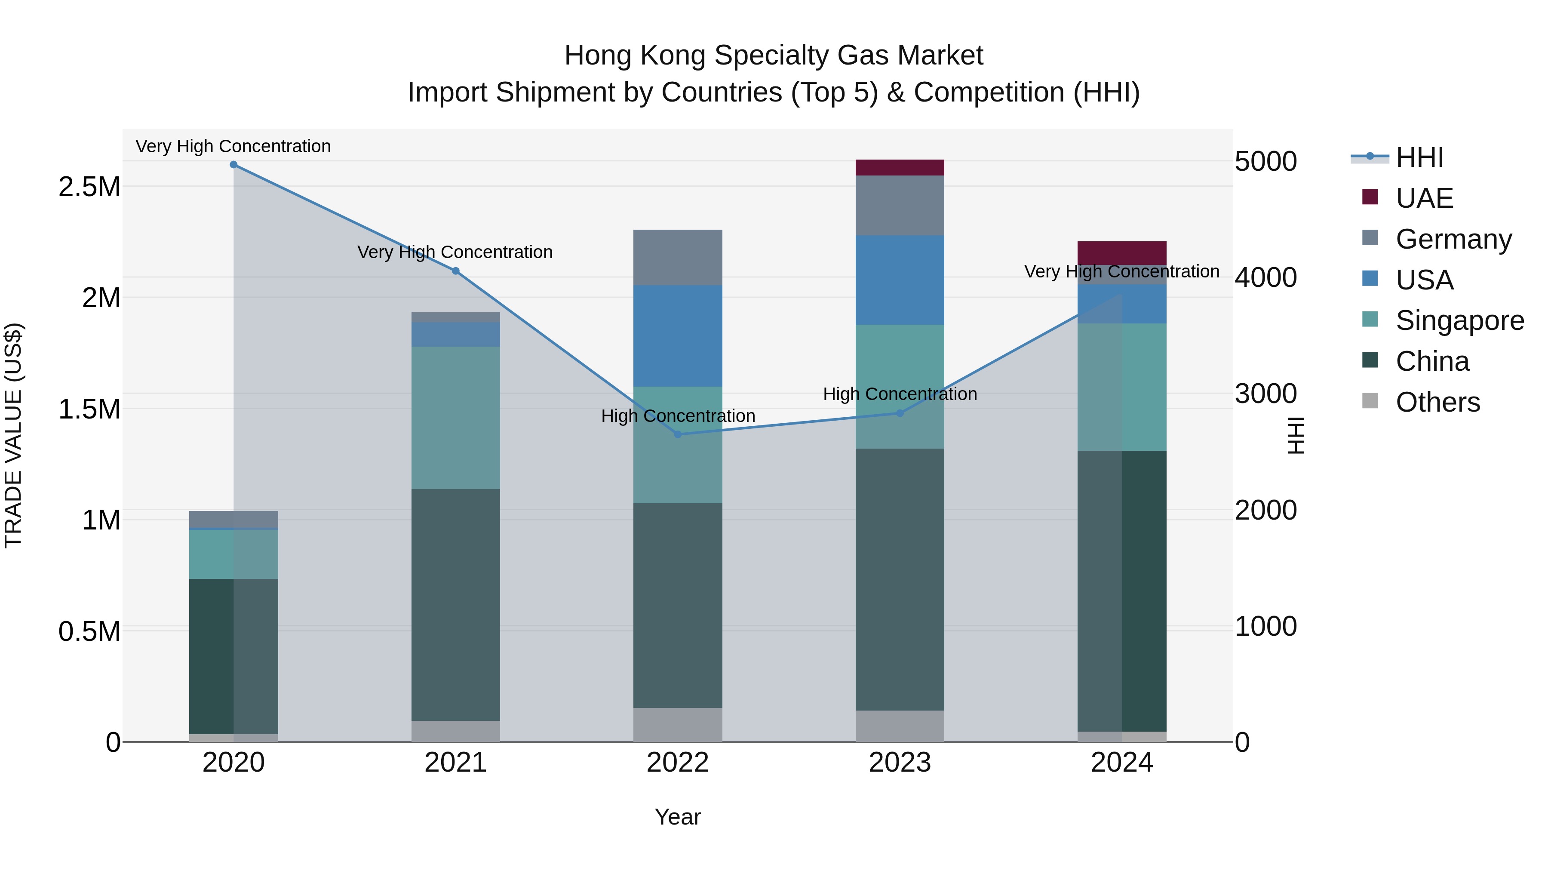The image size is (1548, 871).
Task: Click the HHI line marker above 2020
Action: [234, 165]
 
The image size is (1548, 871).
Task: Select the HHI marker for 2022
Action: [678, 434]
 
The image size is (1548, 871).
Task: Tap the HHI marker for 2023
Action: [900, 413]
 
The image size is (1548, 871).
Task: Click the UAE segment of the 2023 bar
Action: [900, 168]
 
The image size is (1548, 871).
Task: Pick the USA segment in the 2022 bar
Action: [678, 335]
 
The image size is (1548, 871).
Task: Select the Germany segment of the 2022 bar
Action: [678, 257]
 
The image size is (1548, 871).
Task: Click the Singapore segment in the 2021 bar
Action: [455, 417]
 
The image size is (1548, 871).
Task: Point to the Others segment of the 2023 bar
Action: [900, 726]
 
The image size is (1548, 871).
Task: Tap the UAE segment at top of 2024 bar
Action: [1121, 252]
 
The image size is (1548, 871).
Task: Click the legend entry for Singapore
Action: [1459, 320]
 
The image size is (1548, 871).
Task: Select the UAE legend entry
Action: [1424, 198]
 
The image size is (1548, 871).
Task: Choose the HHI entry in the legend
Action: [1419, 157]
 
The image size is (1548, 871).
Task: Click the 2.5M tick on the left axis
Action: [89, 188]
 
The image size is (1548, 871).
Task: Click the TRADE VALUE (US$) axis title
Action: [13, 435]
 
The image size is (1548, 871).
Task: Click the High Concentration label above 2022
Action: [678, 416]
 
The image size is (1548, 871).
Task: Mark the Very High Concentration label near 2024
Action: [1121, 272]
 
